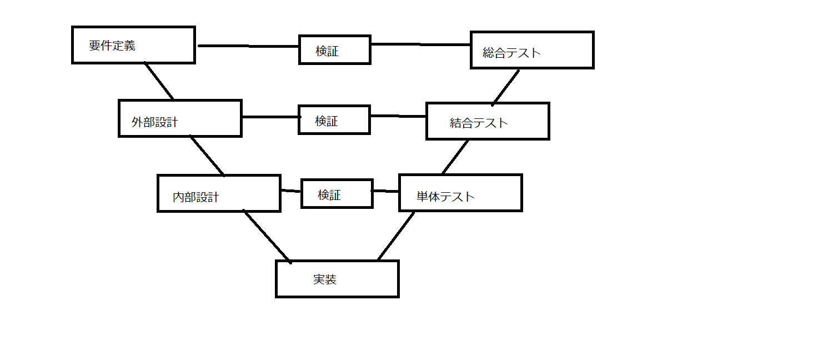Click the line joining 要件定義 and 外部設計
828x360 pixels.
coord(159,81)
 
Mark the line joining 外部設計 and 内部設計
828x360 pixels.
coord(207,156)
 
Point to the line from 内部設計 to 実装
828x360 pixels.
coord(267,237)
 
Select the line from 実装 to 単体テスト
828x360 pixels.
coord(396,236)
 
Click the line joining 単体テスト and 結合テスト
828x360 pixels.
coord(455,157)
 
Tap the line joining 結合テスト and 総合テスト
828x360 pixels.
coord(505,88)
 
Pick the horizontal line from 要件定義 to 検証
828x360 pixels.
coord(248,46)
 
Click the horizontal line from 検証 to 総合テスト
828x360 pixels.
coord(420,44)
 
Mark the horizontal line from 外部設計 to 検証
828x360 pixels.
coord(272,117)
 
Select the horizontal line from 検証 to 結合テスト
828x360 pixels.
coord(399,116)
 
